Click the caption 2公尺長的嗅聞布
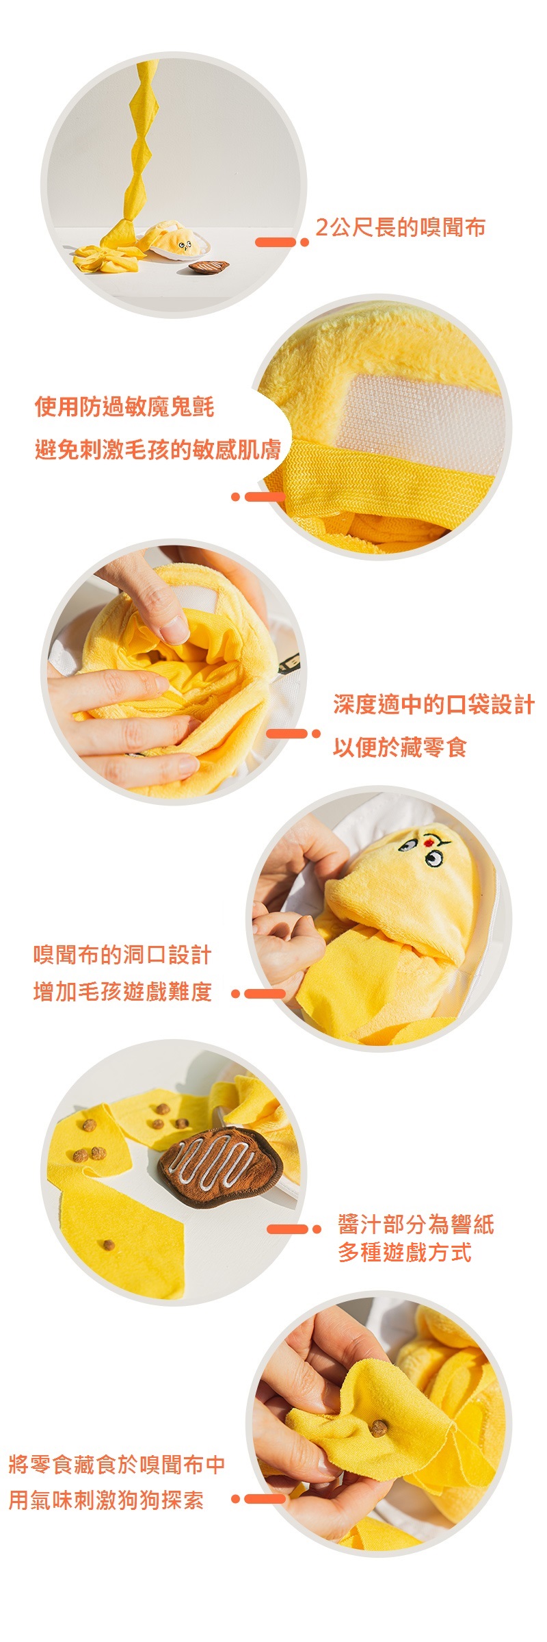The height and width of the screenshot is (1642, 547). (x=401, y=227)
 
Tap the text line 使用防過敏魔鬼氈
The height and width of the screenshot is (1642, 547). (x=124, y=407)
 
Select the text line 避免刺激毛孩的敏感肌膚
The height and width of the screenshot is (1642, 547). (x=158, y=450)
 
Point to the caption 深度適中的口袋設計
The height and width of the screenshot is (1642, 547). (x=434, y=704)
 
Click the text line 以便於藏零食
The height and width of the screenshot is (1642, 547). (x=400, y=747)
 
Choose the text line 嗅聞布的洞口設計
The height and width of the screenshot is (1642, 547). (x=122, y=955)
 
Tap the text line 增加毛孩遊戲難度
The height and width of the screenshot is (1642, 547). (x=122, y=992)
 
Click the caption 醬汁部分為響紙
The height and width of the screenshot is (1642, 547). (x=416, y=1224)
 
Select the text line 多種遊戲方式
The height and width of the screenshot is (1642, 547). (x=405, y=1253)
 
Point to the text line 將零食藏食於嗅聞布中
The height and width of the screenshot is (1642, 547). (x=117, y=1465)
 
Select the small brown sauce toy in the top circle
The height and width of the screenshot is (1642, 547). (x=209, y=266)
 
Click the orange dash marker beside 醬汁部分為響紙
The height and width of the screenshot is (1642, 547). (x=293, y=1229)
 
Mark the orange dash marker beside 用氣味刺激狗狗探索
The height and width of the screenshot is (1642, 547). (x=258, y=1499)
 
